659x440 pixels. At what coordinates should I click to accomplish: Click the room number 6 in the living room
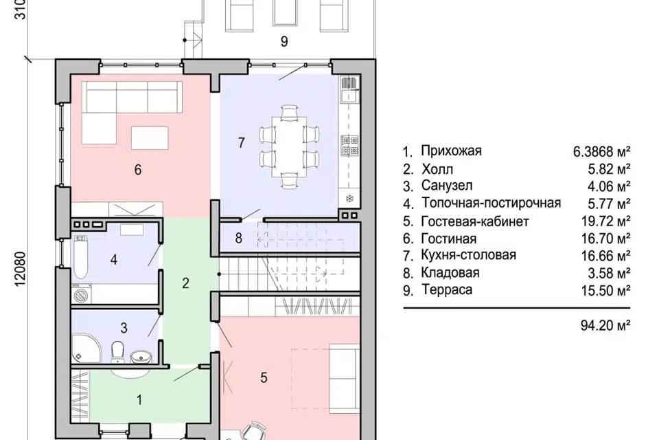138,170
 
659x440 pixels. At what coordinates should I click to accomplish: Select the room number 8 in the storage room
238,239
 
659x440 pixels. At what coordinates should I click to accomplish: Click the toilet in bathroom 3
118,351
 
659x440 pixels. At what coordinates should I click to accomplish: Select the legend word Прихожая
452,151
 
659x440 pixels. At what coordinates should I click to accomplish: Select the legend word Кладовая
450,273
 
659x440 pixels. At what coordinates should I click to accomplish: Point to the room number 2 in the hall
185,282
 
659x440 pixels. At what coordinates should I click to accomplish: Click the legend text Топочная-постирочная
492,203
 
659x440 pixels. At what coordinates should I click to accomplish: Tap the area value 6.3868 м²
598,151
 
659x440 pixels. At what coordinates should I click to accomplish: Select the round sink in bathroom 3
141,357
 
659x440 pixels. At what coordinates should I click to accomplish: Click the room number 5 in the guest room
264,377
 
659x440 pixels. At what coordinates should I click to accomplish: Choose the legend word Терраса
447,290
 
